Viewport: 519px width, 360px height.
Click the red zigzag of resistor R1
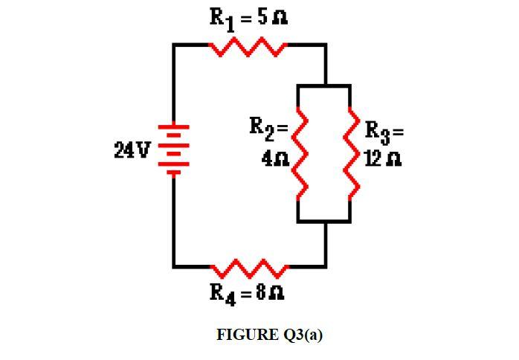coord(248,48)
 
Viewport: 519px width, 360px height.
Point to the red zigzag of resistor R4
coord(248,268)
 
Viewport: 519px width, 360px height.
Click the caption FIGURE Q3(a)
coord(269,335)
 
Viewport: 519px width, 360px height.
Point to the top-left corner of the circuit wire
coord(174,45)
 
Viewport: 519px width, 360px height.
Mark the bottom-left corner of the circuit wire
coord(174,266)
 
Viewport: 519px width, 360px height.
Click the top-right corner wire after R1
coord(325,45)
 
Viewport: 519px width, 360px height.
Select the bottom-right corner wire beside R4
coord(325,266)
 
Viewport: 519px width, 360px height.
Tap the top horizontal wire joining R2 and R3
coord(324,86)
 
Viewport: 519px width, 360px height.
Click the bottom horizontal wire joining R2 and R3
coord(324,221)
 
